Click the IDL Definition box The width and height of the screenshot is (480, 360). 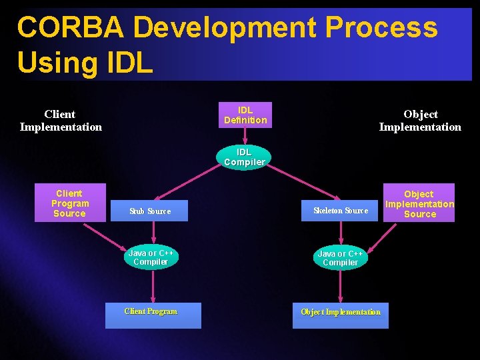[x=245, y=115]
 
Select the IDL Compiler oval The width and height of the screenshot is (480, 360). [x=245, y=157]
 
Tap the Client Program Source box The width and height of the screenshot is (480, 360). [x=70, y=203]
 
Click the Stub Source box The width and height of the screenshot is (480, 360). [x=150, y=211]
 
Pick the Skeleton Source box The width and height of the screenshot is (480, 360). [x=341, y=211]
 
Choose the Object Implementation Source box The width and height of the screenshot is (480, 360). [x=419, y=203]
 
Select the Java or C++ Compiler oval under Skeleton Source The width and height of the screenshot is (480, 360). [x=341, y=258]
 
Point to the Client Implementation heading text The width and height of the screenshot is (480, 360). [x=61, y=121]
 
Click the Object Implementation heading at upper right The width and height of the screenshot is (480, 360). [x=420, y=121]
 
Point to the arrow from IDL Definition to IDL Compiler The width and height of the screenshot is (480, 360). [x=245, y=136]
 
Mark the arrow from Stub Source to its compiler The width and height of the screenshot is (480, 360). [x=153, y=233]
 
